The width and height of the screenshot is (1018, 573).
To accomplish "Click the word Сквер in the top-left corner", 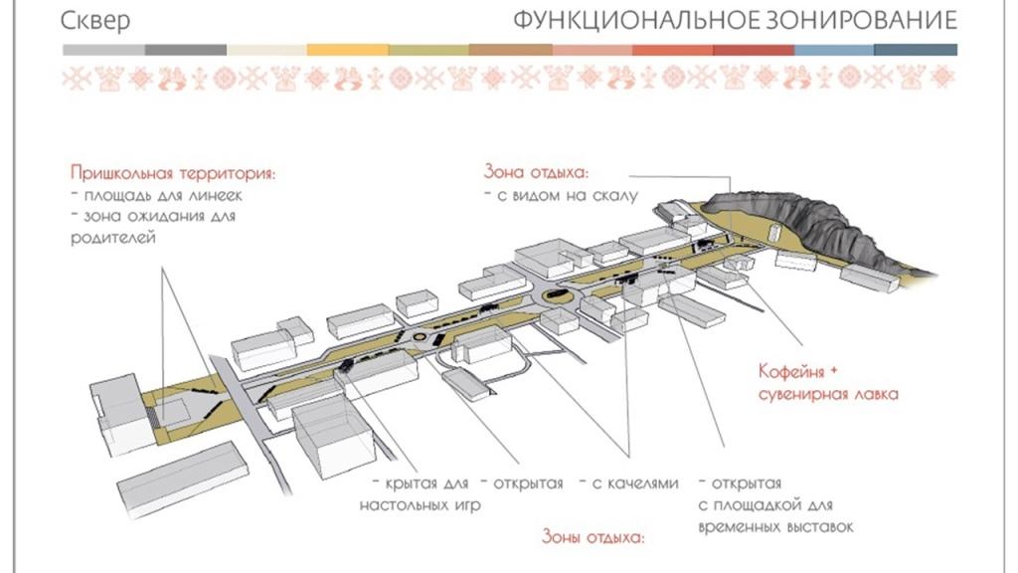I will (95, 21).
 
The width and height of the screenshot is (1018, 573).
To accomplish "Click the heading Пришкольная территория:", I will (172, 173).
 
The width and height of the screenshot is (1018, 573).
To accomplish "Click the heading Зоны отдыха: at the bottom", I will (593, 538).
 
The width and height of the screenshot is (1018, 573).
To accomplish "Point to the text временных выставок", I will (775, 526).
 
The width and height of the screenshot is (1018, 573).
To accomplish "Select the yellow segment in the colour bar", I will (347, 50).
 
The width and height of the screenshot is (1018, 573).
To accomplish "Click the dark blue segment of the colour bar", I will (917, 50).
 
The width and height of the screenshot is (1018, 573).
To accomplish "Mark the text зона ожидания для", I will (159, 216).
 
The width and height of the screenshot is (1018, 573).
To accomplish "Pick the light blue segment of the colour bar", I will (835, 50).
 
